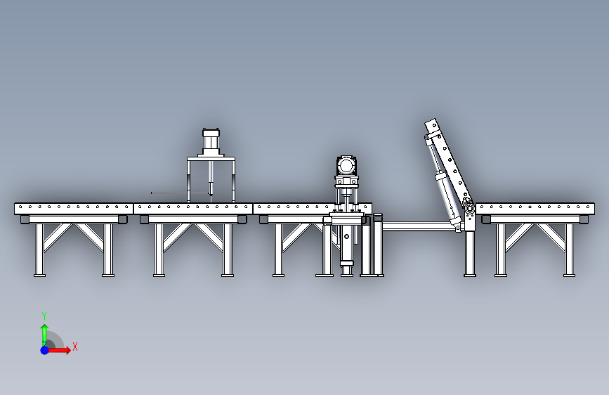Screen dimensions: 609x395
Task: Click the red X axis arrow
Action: pos(62,349)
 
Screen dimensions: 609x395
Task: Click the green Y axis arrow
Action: pos(44,333)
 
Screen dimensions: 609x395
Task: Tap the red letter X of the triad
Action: pos(74,347)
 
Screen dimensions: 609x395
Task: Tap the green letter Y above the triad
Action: pos(44,316)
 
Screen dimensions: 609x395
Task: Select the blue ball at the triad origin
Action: pos(44,349)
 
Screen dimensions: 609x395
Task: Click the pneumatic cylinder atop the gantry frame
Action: pos(211,141)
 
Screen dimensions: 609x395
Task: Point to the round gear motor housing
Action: pos(346,166)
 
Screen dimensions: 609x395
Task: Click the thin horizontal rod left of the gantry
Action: pos(169,193)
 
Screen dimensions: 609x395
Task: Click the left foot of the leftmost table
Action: pos(39,274)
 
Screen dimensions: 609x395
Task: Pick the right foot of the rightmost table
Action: pos(570,274)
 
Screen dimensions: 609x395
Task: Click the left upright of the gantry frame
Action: pos(188,181)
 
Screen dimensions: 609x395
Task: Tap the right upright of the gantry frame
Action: pos(233,181)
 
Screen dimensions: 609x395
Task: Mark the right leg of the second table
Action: pos(228,250)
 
